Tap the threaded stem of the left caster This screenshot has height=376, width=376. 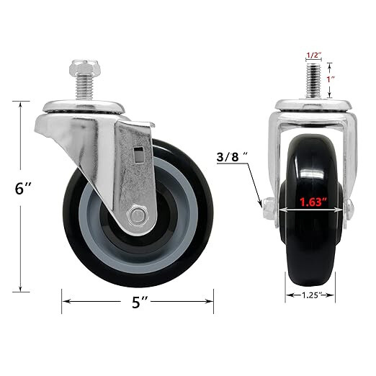click(x=79, y=91)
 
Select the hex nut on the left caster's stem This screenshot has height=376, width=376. click(x=79, y=70)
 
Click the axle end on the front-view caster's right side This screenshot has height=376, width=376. click(x=349, y=209)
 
